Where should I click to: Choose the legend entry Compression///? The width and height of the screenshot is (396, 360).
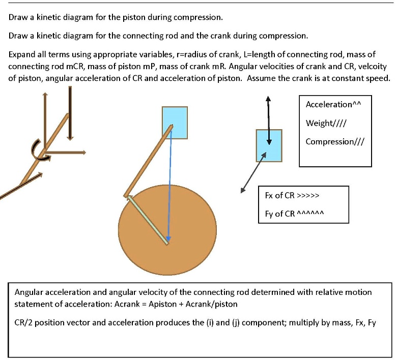(335, 141)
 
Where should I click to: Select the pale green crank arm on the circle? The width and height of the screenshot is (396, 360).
(148, 219)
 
